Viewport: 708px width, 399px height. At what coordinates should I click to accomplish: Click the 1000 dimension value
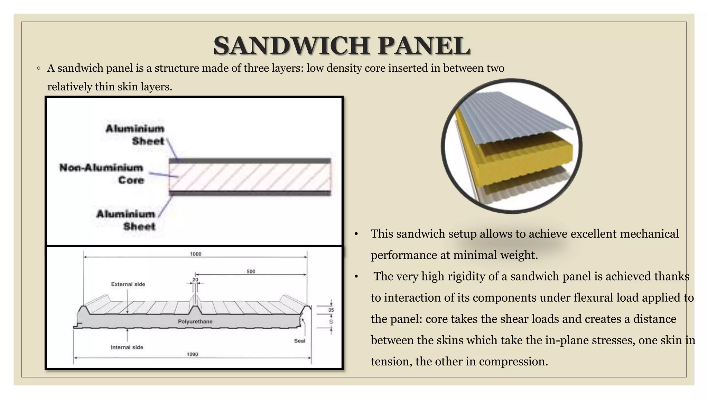[195, 254]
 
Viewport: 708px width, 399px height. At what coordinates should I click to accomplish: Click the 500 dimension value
[251, 272]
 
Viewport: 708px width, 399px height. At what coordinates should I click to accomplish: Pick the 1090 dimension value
[192, 354]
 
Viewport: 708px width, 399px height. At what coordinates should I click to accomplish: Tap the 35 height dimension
[331, 310]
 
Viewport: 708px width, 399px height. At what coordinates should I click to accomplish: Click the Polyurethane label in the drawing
[195, 321]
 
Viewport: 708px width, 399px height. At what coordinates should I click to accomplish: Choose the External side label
[128, 284]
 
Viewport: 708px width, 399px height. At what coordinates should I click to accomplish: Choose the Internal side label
[127, 347]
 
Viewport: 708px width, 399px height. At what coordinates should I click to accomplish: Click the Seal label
[299, 341]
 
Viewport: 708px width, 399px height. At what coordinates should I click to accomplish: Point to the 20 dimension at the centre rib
[195, 280]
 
